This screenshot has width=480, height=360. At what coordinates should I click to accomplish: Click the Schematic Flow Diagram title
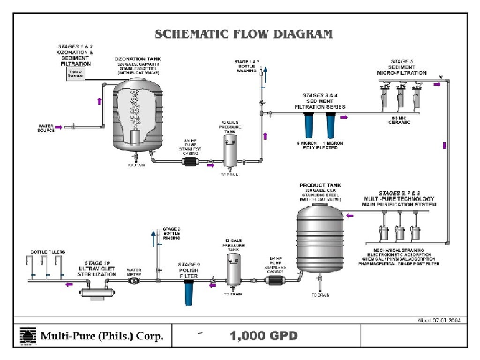pos(244,34)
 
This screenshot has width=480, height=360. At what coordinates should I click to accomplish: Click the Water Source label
pos(46,127)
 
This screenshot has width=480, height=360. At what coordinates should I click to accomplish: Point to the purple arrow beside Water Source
pos(59,127)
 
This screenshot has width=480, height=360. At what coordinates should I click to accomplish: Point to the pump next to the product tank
pos(275,280)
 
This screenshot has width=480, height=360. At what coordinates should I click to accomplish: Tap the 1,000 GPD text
pos(263,336)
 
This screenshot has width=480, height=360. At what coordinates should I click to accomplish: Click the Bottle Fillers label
pos(45,252)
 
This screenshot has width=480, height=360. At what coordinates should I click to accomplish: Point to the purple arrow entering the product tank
pos(350,216)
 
